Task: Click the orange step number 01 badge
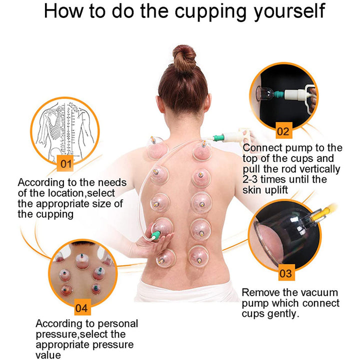pos(65,163)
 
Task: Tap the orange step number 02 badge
pos(283,132)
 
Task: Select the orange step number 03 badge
pos(285,273)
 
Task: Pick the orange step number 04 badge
pos(80,307)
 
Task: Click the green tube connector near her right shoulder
pos(218,137)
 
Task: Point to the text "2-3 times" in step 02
pos(265,179)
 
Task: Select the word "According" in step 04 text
pos(57,324)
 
